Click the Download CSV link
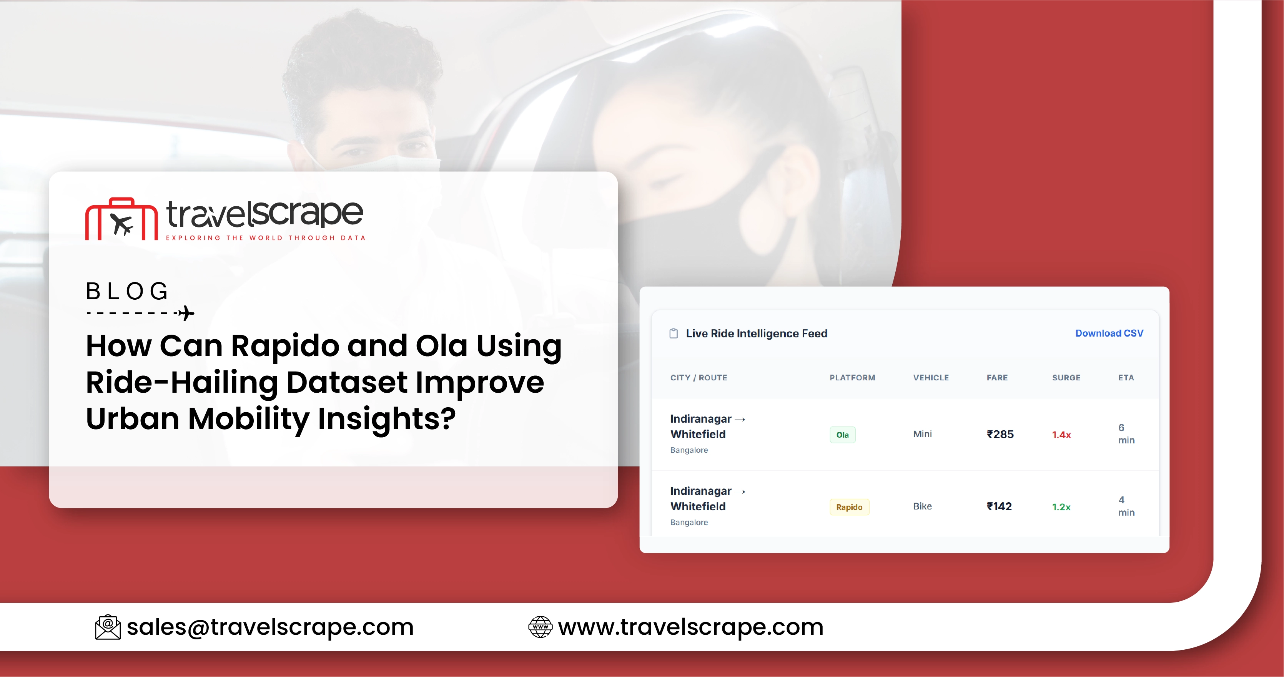click(1109, 333)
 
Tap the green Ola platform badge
click(842, 435)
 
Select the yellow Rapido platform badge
click(849, 507)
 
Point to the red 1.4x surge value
click(1061, 435)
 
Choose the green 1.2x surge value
click(1061, 507)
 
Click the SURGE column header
click(1066, 378)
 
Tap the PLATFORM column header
click(852, 378)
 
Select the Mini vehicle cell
click(922, 434)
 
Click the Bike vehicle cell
click(922, 506)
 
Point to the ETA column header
click(1126, 378)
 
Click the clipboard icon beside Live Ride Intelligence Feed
click(674, 333)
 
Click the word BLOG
click(127, 291)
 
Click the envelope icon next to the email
click(108, 627)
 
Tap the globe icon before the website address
click(540, 627)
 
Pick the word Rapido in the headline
click(285, 346)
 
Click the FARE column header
click(997, 378)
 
